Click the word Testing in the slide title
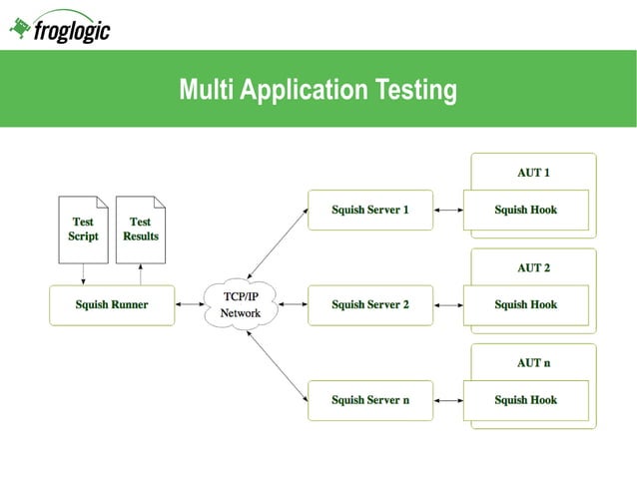pos(414,91)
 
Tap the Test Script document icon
pos(83,230)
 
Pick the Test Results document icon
pos(141,230)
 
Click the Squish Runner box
pos(112,305)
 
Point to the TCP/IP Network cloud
pos(240,305)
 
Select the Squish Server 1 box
pos(369,211)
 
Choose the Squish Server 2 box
pos(369,305)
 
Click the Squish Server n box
pos(369,400)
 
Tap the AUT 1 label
pos(533,173)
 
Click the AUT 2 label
pos(533,267)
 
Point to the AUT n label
pos(533,363)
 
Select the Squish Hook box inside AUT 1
pos(525,211)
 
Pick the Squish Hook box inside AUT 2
pos(525,305)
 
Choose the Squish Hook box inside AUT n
pos(525,400)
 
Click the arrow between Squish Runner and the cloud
pos(190,305)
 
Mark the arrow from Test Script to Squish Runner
pos(83,274)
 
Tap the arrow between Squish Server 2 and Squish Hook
pos(448,305)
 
